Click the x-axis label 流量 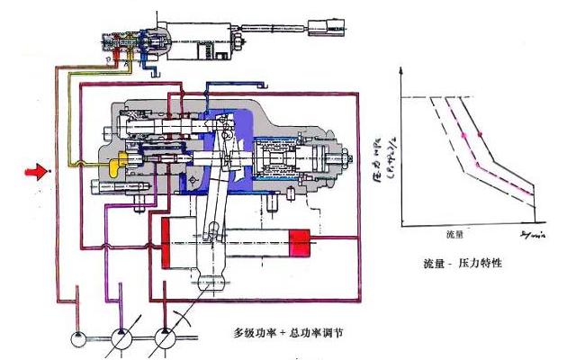(454, 233)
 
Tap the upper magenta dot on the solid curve (480, 135)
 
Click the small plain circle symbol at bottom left (80, 339)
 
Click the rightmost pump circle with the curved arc (166, 340)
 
